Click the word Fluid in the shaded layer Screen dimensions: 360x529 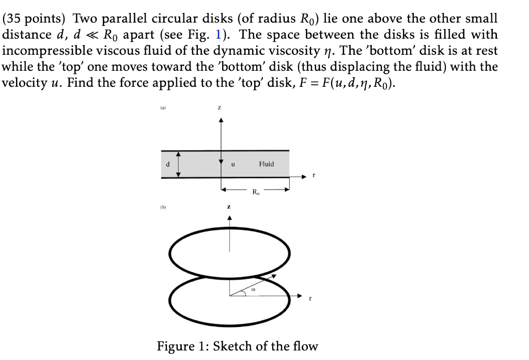tap(267, 164)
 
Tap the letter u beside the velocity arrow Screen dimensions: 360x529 tap(234, 164)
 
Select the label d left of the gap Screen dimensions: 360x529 tap(167, 164)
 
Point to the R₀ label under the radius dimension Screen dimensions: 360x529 tap(256, 192)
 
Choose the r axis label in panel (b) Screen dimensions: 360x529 tap(310, 298)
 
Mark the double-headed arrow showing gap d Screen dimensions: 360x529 tap(179, 164)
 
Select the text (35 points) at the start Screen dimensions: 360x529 tap(36, 19)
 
